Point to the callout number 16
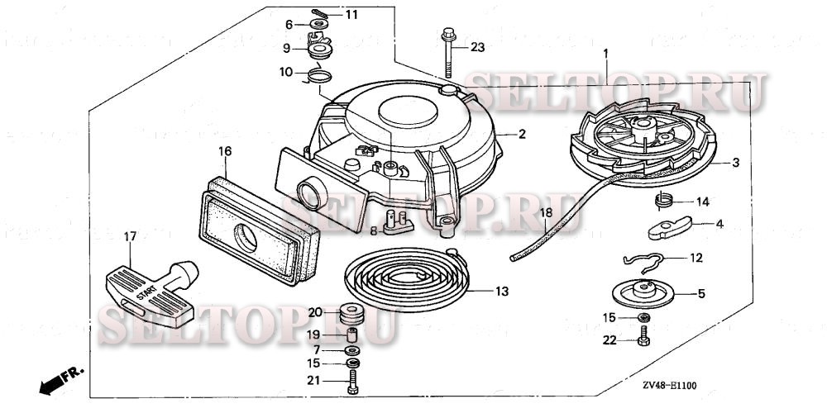tap(224, 151)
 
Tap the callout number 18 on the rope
tap(546, 213)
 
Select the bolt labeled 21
tap(353, 381)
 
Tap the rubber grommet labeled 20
tap(352, 313)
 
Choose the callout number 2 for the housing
tap(522, 133)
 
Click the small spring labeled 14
tap(661, 200)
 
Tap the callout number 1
tap(605, 54)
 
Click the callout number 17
tap(129, 236)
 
